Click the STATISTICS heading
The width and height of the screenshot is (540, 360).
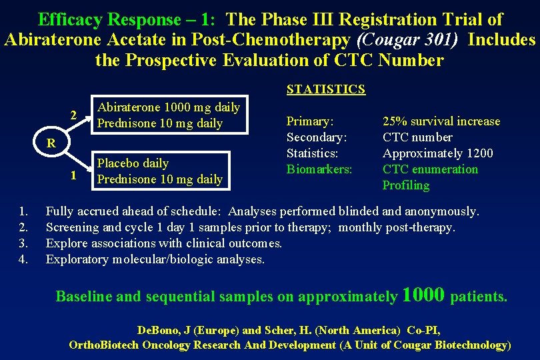[x=325, y=89]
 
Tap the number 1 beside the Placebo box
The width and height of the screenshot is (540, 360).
[x=75, y=176]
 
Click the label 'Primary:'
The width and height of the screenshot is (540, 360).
[x=310, y=121]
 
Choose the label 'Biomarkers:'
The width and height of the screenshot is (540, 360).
[x=319, y=169]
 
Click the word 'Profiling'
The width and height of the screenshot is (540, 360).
[x=405, y=185]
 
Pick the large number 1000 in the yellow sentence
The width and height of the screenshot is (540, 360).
[x=424, y=295]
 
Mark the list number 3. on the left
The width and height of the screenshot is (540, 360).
[x=24, y=243]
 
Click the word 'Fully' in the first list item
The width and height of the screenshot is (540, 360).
[x=60, y=212]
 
